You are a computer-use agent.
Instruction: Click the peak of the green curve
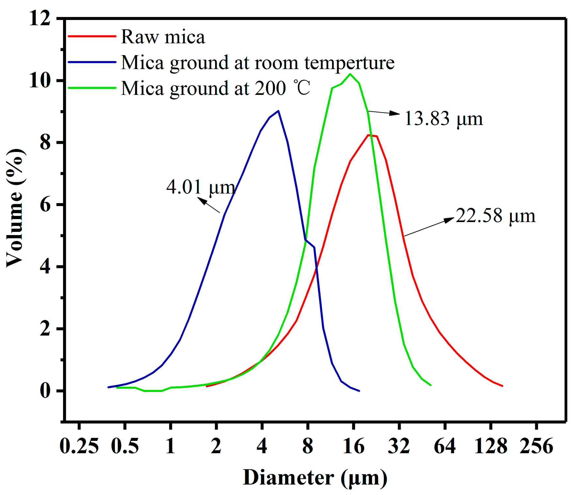(x=350, y=74)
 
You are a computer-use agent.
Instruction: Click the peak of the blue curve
(x=278, y=111)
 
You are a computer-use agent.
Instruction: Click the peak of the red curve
(x=369, y=135)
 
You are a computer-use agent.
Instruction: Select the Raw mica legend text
(x=163, y=37)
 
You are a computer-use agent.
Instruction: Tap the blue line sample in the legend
(x=92, y=62)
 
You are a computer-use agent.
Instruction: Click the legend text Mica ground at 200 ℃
(x=215, y=88)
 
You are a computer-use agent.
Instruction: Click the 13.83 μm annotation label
(x=443, y=118)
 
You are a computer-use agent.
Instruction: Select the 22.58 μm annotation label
(x=495, y=216)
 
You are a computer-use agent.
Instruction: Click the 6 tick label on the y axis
(x=45, y=205)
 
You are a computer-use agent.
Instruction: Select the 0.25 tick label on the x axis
(x=79, y=446)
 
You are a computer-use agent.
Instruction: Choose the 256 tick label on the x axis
(x=536, y=446)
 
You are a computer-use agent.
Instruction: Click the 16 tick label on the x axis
(x=353, y=446)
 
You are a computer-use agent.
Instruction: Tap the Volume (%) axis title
(x=15, y=208)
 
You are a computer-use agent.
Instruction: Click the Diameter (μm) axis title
(x=315, y=478)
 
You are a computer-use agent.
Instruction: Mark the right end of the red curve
(x=502, y=386)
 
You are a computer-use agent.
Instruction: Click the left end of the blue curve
(x=108, y=387)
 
